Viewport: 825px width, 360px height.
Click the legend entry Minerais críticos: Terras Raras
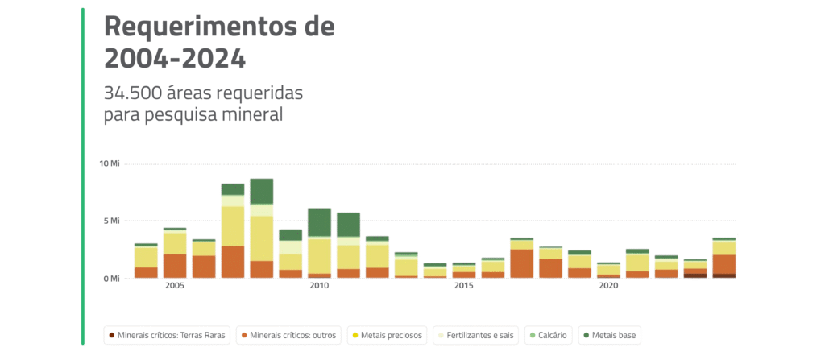[168, 334]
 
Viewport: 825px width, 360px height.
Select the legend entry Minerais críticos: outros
[289, 334]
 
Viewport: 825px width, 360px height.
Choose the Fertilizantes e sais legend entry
[475, 334]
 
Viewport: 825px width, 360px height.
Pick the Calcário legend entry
[548, 334]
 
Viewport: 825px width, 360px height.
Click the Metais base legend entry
[609, 334]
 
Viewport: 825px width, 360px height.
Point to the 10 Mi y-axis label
[109, 163]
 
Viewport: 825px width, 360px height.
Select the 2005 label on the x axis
[175, 286]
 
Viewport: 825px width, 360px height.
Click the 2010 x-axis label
[319, 286]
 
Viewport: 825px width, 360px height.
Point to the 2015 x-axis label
[463, 286]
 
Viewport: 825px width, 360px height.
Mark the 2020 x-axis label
[608, 286]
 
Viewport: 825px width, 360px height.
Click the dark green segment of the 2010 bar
[319, 222]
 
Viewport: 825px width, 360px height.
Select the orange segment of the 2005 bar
[175, 266]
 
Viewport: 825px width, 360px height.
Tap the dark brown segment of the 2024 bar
[723, 275]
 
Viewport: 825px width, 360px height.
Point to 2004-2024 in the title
[175, 58]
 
